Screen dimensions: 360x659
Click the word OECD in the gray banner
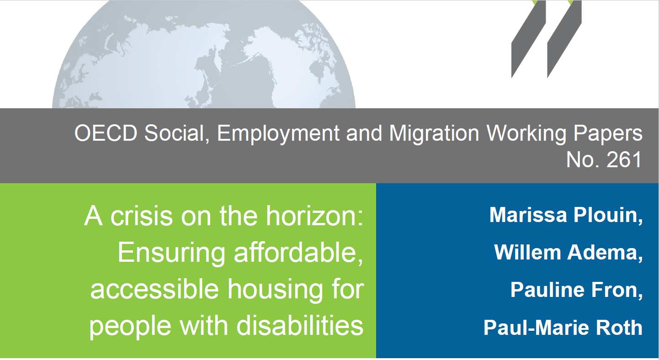[x=106, y=133]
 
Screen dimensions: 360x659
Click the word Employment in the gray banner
[x=278, y=134]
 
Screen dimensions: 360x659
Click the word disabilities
[x=300, y=326]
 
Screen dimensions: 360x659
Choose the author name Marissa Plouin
[x=566, y=215]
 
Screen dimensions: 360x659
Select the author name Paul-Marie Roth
[x=563, y=327]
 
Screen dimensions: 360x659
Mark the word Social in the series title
[x=176, y=134]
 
